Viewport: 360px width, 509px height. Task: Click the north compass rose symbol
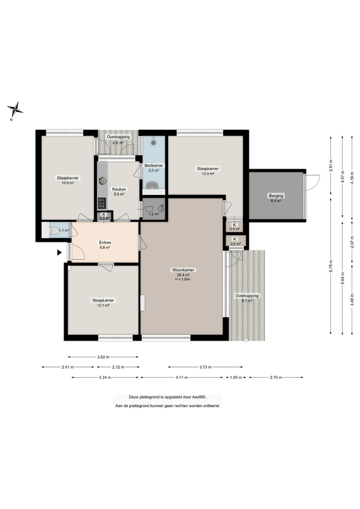[x=15, y=109]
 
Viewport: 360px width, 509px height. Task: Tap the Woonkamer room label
[x=184, y=270]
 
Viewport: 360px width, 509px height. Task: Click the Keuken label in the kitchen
[x=119, y=189]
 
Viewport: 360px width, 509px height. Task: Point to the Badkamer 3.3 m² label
[x=153, y=168]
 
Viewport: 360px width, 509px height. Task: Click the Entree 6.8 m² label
[x=105, y=245]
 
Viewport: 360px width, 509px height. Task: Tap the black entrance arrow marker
[x=60, y=252]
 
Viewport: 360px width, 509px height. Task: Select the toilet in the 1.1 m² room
[x=53, y=232]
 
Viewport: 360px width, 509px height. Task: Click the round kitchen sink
[x=102, y=180]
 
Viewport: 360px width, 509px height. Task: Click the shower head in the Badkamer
[x=154, y=143]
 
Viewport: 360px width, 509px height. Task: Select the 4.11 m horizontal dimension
[x=182, y=378]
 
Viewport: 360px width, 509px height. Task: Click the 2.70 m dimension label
[x=276, y=378]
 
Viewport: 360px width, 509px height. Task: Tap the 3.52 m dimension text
[x=103, y=357]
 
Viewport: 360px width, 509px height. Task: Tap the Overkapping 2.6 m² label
[x=118, y=140]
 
